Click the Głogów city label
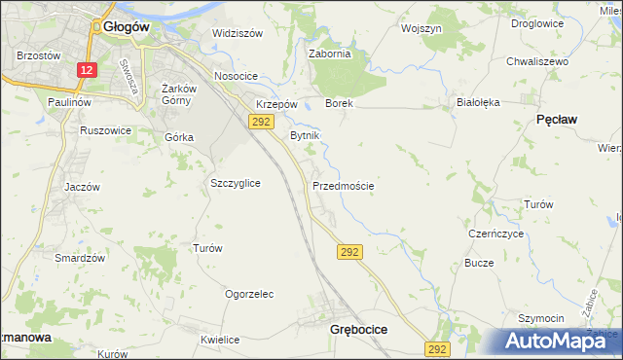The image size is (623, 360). pos(125,27)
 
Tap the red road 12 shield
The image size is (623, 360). pos(88,70)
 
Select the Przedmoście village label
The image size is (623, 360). pos(343,185)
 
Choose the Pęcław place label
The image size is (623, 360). pos(557,119)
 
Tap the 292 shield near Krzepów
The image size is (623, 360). pos(260,121)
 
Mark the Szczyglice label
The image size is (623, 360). pos(235,183)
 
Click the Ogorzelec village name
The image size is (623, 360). pos(248,294)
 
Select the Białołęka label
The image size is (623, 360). pos(477,101)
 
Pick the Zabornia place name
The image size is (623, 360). pos(329,54)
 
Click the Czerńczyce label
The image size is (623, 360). pos(496,234)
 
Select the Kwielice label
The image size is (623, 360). pos(220,341)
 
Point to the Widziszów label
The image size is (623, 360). pos(238,33)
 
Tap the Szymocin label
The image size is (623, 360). pos(540,319)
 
